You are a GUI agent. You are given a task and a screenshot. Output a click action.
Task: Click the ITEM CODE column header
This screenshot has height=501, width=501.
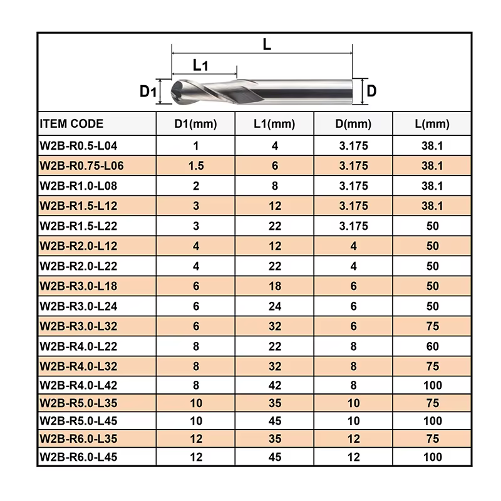tap(71, 123)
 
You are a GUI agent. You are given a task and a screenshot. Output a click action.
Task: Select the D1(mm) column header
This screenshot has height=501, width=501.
tap(195, 123)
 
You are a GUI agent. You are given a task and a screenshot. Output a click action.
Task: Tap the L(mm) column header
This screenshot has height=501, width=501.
tap(432, 123)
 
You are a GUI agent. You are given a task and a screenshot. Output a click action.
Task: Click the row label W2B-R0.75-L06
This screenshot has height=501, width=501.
tap(81, 166)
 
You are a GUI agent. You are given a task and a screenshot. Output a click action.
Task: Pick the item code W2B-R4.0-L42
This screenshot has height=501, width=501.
tap(78, 385)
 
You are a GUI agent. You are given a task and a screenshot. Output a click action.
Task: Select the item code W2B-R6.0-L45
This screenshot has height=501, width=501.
tap(78, 457)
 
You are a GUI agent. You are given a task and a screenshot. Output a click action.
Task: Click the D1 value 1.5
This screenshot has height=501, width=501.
tap(196, 166)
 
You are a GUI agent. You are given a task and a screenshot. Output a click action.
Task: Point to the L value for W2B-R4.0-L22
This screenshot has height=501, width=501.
tap(432, 346)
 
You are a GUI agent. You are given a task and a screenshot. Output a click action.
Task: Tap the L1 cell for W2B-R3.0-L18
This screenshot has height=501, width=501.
tap(275, 286)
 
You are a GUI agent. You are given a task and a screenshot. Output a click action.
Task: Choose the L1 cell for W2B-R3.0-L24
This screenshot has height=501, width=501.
tap(275, 306)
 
